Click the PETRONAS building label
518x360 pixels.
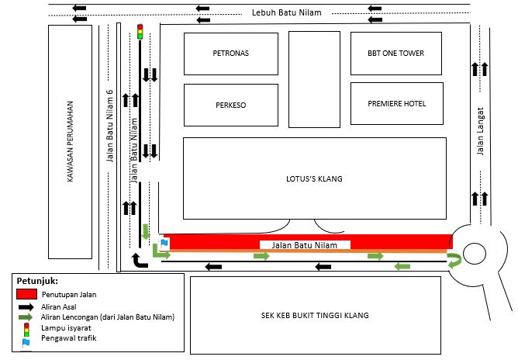click(x=230, y=54)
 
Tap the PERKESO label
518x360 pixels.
click(x=230, y=105)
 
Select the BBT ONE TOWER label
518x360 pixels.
click(x=395, y=54)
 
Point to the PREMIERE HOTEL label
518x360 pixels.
click(x=397, y=104)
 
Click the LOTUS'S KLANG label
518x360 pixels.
click(x=314, y=179)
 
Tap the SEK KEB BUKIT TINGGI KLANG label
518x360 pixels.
click(x=315, y=315)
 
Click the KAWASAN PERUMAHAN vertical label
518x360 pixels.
click(x=70, y=141)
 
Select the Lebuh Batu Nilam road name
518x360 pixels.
click(x=286, y=12)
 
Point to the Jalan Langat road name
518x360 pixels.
click(x=480, y=131)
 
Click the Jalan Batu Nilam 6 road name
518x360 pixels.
click(x=109, y=126)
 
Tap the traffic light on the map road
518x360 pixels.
click(x=140, y=32)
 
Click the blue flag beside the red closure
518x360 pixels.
click(x=164, y=244)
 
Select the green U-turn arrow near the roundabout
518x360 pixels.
click(x=454, y=260)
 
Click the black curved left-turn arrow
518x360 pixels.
click(x=139, y=261)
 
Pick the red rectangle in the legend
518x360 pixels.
click(x=27, y=294)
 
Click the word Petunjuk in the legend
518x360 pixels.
click(x=37, y=281)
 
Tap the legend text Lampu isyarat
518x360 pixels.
click(x=66, y=328)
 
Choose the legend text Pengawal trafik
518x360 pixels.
click(x=69, y=338)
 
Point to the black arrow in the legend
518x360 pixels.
click(x=26, y=307)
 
